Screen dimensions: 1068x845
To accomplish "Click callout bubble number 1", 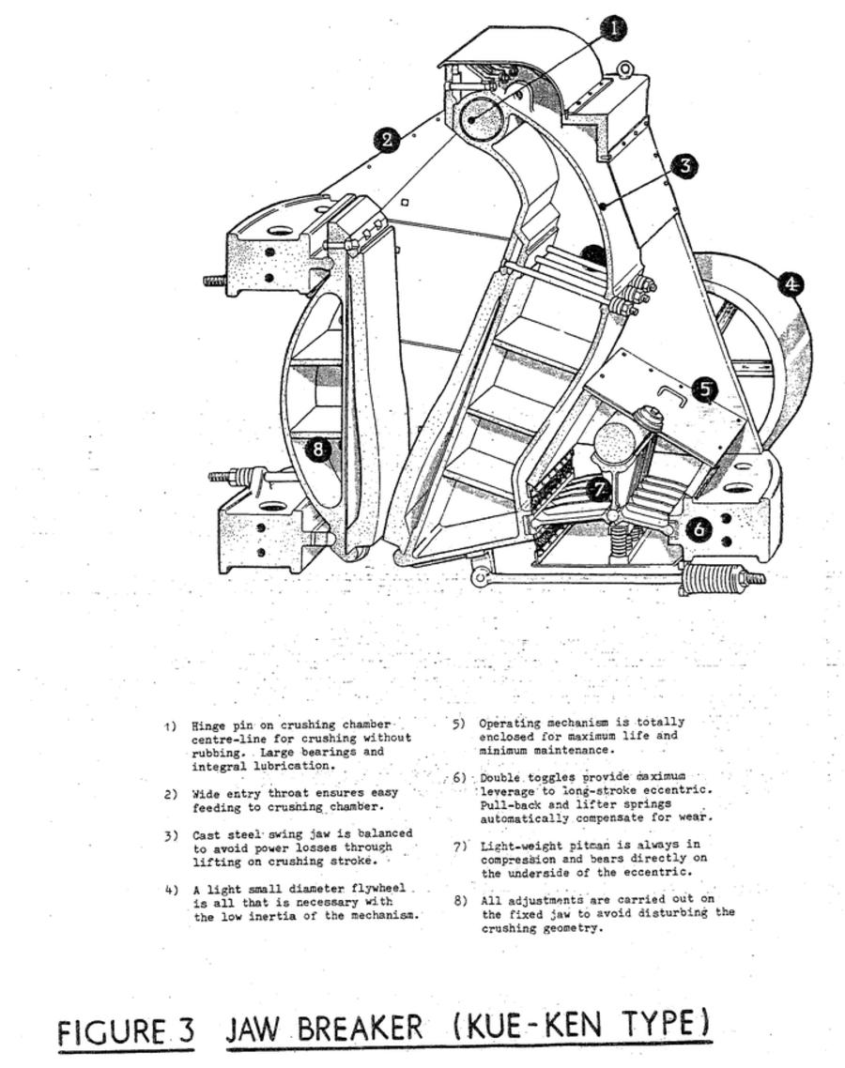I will pos(613,28).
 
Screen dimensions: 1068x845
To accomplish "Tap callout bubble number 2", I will pos(387,141).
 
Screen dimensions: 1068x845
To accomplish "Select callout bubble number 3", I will pos(686,166).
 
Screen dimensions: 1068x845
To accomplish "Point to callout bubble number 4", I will pos(792,283).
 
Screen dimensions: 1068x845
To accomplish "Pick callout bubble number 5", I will pos(706,389).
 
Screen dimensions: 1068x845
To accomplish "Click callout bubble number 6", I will pos(699,529).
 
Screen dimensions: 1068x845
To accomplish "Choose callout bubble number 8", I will pos(319,450).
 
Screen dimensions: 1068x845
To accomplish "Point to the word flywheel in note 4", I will pos(377,888).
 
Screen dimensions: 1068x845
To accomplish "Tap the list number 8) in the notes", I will pos(460,900).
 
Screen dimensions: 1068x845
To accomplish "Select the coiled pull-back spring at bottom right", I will pos(713,578).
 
